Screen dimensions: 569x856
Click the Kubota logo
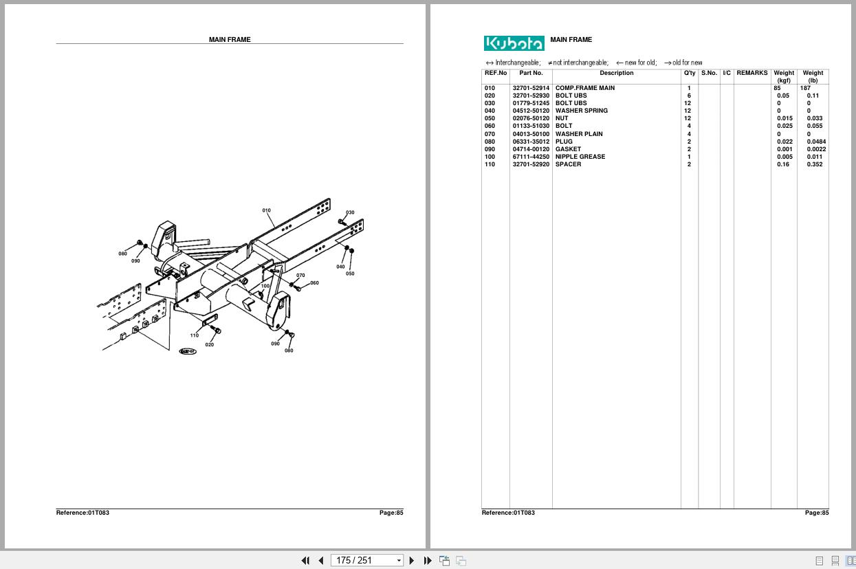514,43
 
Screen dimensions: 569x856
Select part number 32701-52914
531,88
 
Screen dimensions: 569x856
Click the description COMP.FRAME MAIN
585,88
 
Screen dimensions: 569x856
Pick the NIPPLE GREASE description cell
580,157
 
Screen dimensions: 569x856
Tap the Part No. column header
531,73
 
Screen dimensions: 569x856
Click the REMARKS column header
751,73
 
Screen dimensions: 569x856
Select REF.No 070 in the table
490,134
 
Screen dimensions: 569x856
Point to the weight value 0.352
814,164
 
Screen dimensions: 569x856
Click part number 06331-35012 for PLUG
531,142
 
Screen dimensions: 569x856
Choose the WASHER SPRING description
582,111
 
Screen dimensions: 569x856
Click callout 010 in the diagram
266,210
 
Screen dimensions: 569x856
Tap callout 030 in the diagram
350,212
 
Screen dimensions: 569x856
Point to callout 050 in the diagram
350,274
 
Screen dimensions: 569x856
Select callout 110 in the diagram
194,335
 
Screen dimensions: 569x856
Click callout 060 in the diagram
314,282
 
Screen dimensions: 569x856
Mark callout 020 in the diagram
209,344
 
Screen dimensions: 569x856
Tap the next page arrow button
412,560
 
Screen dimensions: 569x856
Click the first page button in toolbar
305,560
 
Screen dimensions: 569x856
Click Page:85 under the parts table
817,513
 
